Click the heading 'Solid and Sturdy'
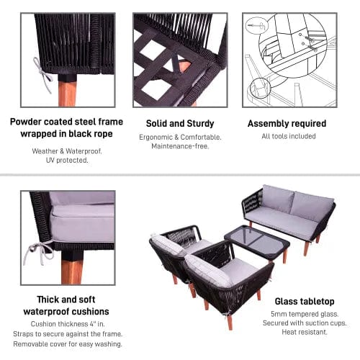180,124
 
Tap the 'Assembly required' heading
287,124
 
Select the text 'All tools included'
289,136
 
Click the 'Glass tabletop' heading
305,302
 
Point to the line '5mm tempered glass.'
305,314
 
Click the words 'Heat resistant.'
305,332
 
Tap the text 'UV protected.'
67,161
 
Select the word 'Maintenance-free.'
180,146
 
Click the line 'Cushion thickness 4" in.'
68,324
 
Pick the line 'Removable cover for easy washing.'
68,344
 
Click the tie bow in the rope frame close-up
42,74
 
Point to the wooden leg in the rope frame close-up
67,92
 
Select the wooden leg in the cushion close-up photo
72,268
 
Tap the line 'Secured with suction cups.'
305,323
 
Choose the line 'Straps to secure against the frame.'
68,334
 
